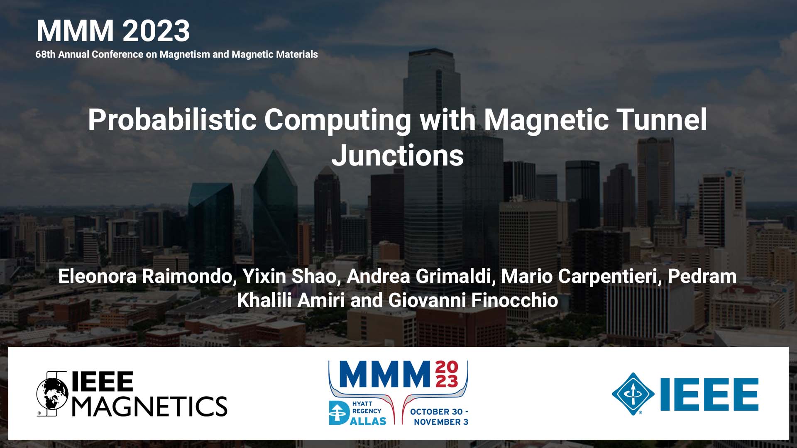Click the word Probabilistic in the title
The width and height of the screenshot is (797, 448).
point(172,120)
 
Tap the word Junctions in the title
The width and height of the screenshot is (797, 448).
point(397,156)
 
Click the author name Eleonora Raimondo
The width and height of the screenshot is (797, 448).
point(145,276)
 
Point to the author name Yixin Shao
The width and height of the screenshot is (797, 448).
point(289,276)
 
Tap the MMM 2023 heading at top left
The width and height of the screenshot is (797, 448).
point(113,31)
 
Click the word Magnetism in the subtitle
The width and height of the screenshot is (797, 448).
point(185,54)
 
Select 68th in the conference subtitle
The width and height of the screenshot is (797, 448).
point(45,54)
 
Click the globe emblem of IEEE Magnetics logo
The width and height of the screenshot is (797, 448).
point(52,394)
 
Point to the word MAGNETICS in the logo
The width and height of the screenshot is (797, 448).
point(150,406)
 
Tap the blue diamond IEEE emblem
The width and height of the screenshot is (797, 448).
point(633,394)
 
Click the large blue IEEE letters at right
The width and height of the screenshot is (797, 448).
point(709,394)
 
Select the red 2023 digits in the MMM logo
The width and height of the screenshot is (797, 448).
point(447,374)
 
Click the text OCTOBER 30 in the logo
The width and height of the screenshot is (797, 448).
point(436,412)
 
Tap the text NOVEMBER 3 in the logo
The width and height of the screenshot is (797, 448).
point(441,422)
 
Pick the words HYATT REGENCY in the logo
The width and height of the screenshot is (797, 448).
point(366,407)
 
